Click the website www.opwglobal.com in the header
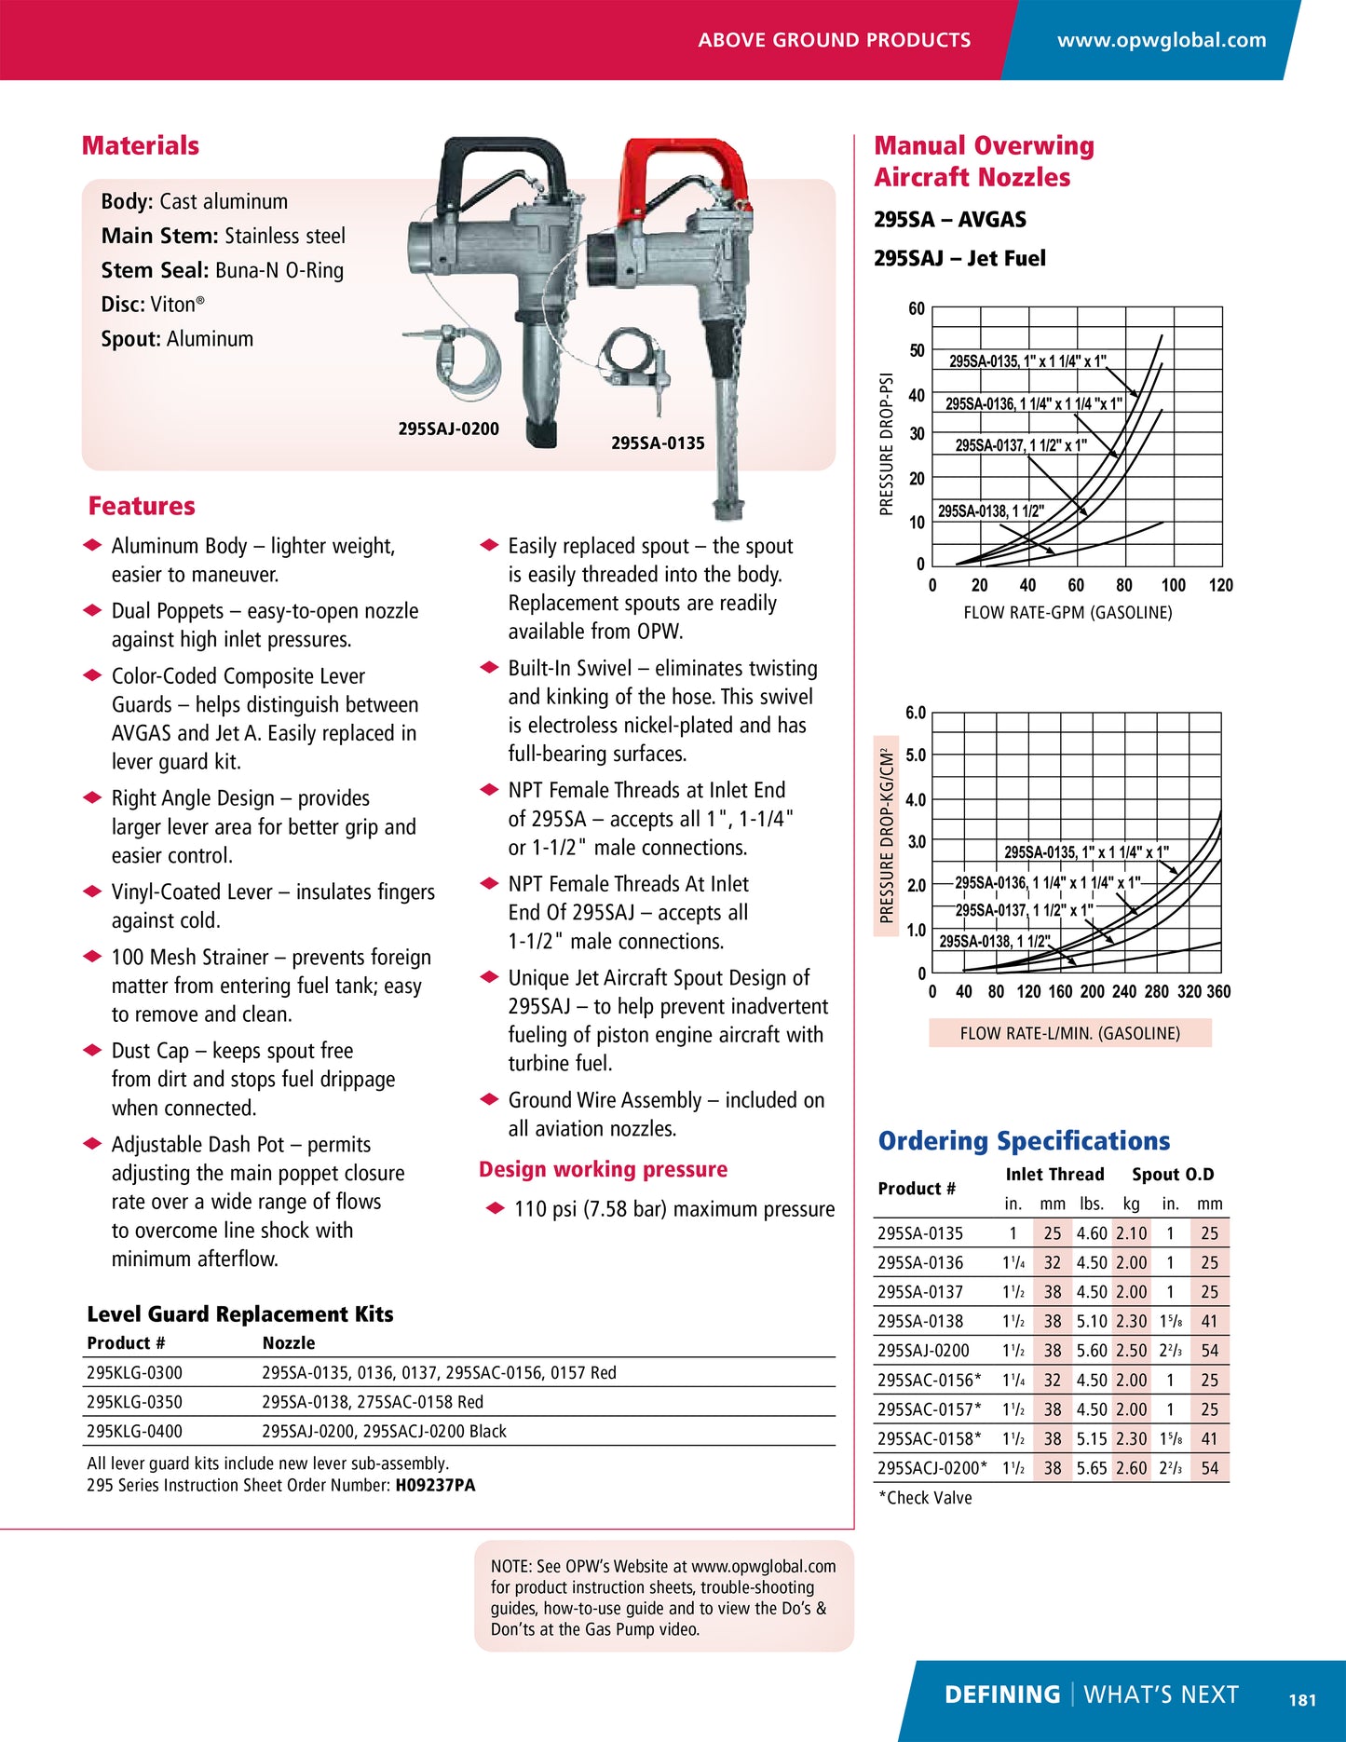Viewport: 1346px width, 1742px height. pyautogui.click(x=1161, y=40)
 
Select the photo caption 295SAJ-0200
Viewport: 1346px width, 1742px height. pyautogui.click(x=448, y=429)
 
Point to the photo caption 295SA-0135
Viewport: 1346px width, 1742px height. pyautogui.click(x=658, y=443)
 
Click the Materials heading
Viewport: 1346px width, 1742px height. pyautogui.click(x=141, y=145)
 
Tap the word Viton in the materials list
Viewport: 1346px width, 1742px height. pyautogui.click(x=173, y=305)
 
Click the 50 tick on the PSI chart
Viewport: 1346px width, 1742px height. pyautogui.click(x=917, y=351)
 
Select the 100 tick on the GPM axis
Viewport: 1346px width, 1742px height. pyautogui.click(x=1173, y=585)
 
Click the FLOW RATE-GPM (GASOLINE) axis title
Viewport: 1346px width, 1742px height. pyautogui.click(x=1067, y=613)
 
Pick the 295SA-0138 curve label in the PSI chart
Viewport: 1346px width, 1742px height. pyautogui.click(x=990, y=511)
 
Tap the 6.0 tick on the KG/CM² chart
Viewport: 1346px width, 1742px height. pyautogui.click(x=916, y=714)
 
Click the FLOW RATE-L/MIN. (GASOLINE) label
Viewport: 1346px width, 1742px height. pyautogui.click(x=1069, y=1033)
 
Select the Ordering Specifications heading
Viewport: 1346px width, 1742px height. pyautogui.click(x=1024, y=1141)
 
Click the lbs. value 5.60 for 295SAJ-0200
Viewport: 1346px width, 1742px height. pyautogui.click(x=1091, y=1351)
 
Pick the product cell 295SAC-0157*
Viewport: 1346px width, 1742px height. pyautogui.click(x=929, y=1409)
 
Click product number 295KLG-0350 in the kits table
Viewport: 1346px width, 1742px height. pyautogui.click(x=134, y=1402)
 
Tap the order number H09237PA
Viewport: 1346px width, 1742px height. pyautogui.click(x=435, y=1485)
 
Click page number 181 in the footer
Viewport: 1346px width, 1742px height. pyautogui.click(x=1302, y=1700)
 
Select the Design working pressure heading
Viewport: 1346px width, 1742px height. pyautogui.click(x=603, y=1169)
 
